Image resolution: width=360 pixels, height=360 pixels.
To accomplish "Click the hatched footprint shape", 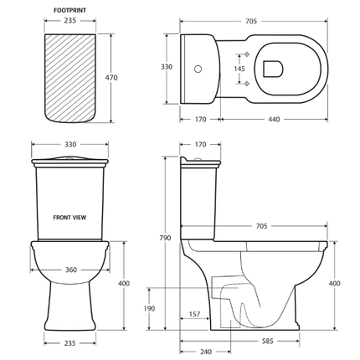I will tap(71, 75).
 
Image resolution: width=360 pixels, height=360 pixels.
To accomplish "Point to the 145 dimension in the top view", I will tap(240, 69).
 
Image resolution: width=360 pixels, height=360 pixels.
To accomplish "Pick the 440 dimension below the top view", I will tap(274, 120).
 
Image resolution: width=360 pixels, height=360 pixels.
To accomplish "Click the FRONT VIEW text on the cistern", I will tap(70, 217).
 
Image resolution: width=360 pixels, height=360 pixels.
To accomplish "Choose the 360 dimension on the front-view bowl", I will tap(71, 270).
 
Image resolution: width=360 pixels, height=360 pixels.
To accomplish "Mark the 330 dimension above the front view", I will tap(71, 144).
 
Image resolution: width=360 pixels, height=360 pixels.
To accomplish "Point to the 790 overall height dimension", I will tap(165, 238).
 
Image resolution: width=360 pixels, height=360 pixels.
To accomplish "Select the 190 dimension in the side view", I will tap(149, 308).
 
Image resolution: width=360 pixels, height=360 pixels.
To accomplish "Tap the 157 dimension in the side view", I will tap(194, 314).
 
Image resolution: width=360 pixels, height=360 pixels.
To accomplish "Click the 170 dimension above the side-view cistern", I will tap(200, 144).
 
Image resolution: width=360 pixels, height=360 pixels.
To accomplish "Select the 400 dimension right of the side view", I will tap(335, 284).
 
